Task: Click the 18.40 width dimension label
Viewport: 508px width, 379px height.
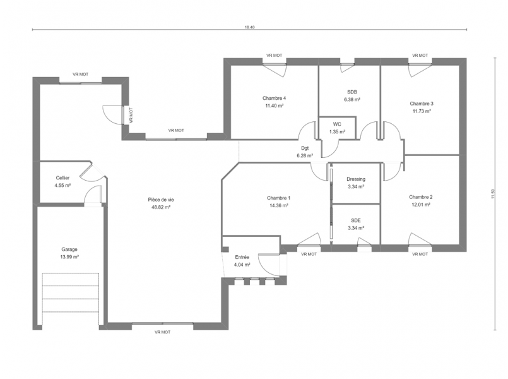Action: click(249, 28)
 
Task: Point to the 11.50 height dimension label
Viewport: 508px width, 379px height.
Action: click(493, 194)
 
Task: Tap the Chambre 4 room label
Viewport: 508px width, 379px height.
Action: click(274, 98)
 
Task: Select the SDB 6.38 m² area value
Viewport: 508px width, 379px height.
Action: click(352, 100)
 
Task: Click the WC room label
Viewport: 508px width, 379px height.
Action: click(337, 124)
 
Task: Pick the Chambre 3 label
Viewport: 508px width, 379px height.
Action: click(422, 104)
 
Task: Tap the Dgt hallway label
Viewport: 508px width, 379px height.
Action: click(305, 148)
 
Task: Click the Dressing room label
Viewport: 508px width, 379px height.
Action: click(356, 179)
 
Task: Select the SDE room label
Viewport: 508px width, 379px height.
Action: click(356, 220)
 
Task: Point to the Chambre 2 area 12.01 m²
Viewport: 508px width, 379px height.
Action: click(421, 205)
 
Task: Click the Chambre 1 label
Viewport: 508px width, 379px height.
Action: click(279, 198)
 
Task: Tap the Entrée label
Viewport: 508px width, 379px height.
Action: click(242, 257)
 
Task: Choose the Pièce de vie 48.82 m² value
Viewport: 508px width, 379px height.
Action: click(161, 207)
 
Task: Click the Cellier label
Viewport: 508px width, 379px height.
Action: click(62, 178)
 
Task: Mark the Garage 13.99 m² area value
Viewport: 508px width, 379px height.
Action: click(69, 257)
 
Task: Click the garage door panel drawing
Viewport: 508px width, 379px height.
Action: click(71, 292)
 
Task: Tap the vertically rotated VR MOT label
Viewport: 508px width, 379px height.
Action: click(131, 115)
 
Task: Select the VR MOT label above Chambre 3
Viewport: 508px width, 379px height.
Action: click(420, 56)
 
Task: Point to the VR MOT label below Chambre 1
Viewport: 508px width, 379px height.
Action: click(309, 254)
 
